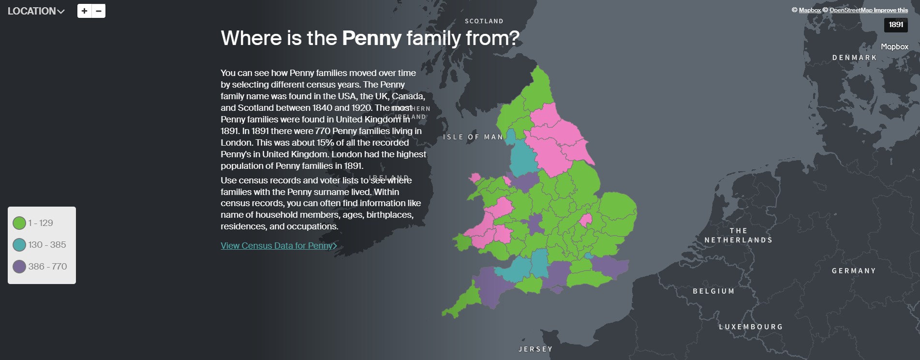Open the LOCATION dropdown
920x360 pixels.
(x=36, y=11)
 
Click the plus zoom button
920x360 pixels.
(x=84, y=11)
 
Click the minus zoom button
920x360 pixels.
(x=99, y=11)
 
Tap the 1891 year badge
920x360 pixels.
(x=895, y=25)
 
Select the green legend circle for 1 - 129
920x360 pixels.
(x=19, y=223)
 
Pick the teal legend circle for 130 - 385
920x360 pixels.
(x=19, y=245)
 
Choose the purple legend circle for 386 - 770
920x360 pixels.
(x=19, y=267)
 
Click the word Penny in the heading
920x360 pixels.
(x=371, y=38)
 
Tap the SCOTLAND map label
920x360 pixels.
(x=484, y=21)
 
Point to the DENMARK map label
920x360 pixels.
(x=854, y=58)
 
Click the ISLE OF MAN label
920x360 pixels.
(x=473, y=137)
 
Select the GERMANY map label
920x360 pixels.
(x=854, y=271)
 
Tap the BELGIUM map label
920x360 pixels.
(x=713, y=291)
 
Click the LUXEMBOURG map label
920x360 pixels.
(x=751, y=327)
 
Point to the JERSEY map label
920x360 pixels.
(x=535, y=349)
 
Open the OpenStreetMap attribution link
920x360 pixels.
(x=851, y=10)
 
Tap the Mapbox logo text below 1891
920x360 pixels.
(x=894, y=47)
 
